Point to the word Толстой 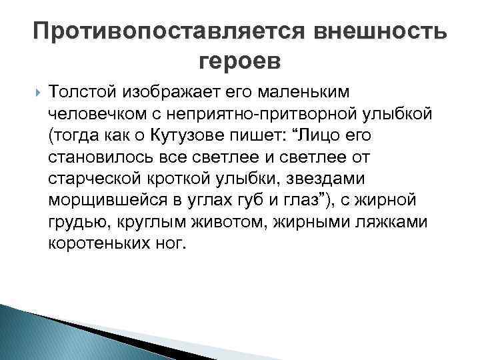(x=79, y=92)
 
